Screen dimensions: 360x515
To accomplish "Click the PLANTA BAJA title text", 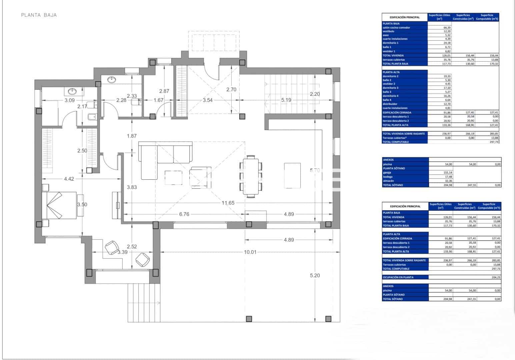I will [x=39, y=15].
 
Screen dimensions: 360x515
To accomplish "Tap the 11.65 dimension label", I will [x=228, y=203].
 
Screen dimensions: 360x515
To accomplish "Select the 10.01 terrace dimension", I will [x=250, y=252].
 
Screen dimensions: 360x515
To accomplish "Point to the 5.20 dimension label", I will [x=315, y=275].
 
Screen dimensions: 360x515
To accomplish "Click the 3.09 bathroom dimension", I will [x=69, y=100].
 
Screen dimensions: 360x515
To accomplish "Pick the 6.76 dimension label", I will [x=184, y=214].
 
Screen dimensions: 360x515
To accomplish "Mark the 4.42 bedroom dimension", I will [x=69, y=179].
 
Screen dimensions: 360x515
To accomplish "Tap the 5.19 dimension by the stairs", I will [x=286, y=100].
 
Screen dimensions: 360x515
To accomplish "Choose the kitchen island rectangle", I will [x=292, y=175].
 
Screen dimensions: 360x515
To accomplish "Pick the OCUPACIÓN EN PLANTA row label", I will [x=398, y=277].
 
